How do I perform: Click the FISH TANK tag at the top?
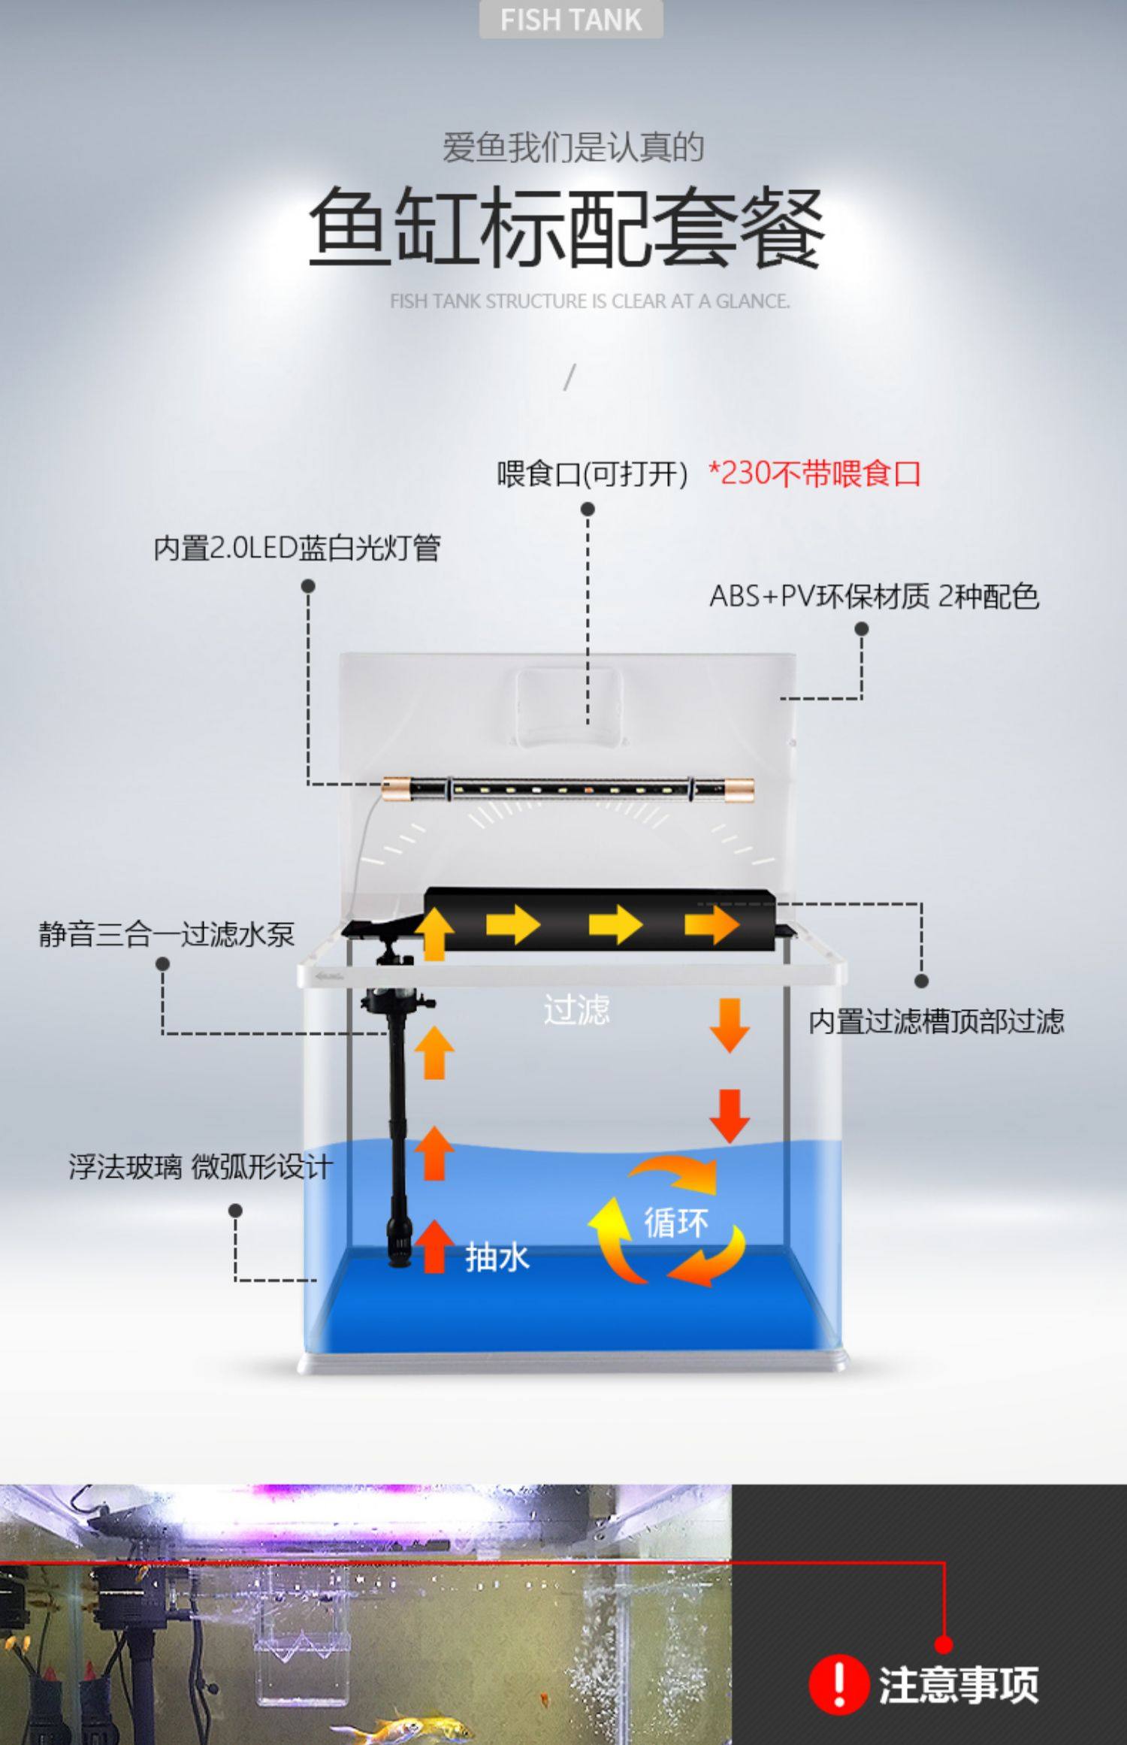pos(571,20)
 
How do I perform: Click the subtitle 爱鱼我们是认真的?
pos(573,147)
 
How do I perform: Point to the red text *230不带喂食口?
pos(815,474)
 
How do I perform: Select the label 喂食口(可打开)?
pos(591,474)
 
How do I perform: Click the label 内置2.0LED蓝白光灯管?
pos(297,548)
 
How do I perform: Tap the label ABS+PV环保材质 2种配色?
pos(874,597)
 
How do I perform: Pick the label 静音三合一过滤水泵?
pos(167,934)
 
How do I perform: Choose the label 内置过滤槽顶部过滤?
pos(936,1021)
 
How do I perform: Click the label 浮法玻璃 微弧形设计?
pos(201,1167)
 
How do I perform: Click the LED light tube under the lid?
pos(567,789)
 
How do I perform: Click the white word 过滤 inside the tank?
pos(576,1009)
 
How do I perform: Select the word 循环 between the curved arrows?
pos(675,1223)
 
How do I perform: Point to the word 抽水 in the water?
pos(497,1257)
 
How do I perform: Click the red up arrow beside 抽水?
pos(435,1247)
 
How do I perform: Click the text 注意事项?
pos(959,1686)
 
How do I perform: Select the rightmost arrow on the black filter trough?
pos(712,924)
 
